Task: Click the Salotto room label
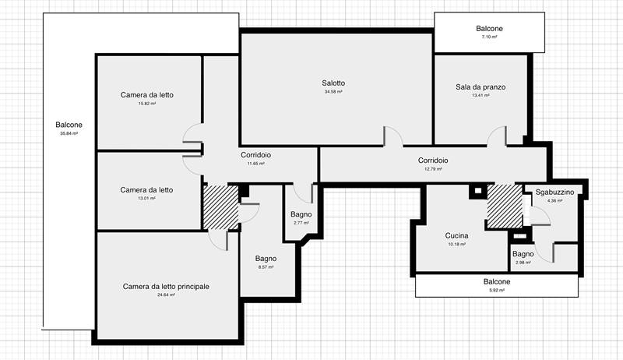tap(333, 83)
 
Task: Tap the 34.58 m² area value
tap(333, 91)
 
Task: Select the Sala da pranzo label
tap(480, 87)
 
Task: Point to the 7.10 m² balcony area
tap(489, 37)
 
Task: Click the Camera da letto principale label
tap(166, 287)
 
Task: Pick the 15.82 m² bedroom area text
tap(147, 104)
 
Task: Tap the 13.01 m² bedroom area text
tap(146, 198)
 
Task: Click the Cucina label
tap(456, 235)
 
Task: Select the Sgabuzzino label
tap(554, 192)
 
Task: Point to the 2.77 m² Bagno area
tap(301, 223)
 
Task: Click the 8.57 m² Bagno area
tap(266, 267)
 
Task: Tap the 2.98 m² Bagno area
tap(523, 263)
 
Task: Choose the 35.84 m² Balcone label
tap(69, 125)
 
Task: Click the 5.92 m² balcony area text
tap(497, 290)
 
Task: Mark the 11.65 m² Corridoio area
tap(256, 164)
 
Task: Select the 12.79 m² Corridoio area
tap(433, 169)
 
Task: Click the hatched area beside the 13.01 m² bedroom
tap(220, 206)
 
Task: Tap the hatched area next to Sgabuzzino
tap(505, 206)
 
